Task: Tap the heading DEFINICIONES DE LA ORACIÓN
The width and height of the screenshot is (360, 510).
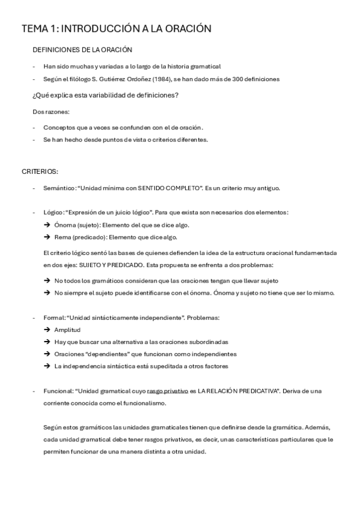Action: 82,50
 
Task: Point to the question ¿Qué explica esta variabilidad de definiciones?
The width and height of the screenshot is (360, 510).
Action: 105,95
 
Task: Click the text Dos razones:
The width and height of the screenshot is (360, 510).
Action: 51,111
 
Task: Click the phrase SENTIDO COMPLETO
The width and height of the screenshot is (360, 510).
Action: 169,188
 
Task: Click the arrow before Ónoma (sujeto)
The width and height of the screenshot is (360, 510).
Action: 47,225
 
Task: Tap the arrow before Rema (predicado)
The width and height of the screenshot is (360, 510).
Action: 47,237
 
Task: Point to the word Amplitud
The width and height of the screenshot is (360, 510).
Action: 67,330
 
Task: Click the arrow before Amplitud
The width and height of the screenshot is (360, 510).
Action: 47,330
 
